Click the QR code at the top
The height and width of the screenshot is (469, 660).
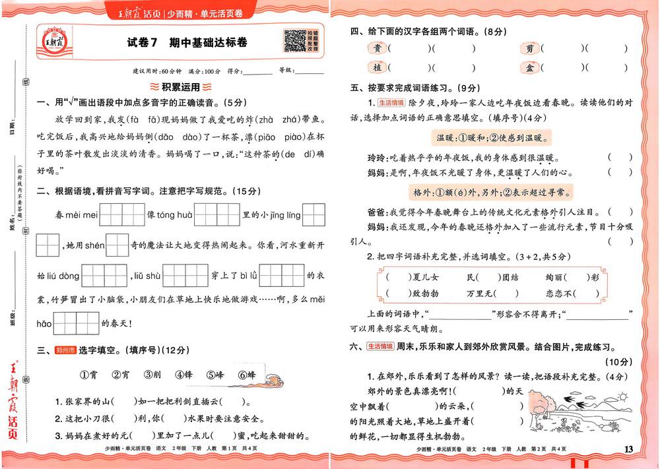[x=293, y=40]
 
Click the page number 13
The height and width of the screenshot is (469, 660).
[x=628, y=449]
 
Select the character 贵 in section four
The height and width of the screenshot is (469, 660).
[x=376, y=48]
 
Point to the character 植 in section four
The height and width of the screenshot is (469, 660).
[x=376, y=68]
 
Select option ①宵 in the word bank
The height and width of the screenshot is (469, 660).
[x=89, y=375]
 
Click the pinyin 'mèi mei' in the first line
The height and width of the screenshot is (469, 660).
[x=82, y=215]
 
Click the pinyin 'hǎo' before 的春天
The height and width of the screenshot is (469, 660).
[x=44, y=324]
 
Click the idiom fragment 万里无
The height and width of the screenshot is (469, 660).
[x=482, y=293]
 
